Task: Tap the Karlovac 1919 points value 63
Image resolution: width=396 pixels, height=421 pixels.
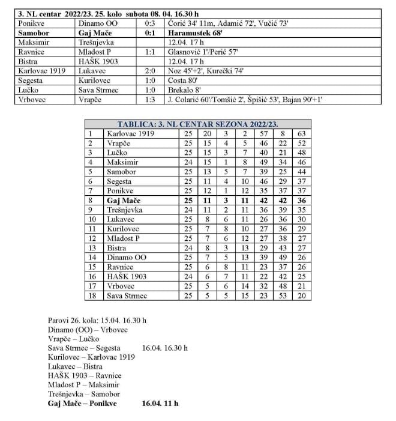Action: (302, 134)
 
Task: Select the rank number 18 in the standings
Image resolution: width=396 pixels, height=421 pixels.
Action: (91, 296)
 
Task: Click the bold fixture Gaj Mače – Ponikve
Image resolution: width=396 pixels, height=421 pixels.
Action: (82, 404)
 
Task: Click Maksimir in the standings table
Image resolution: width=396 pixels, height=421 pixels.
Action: (122, 162)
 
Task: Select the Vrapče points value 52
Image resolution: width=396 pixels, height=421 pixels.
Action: (302, 144)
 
